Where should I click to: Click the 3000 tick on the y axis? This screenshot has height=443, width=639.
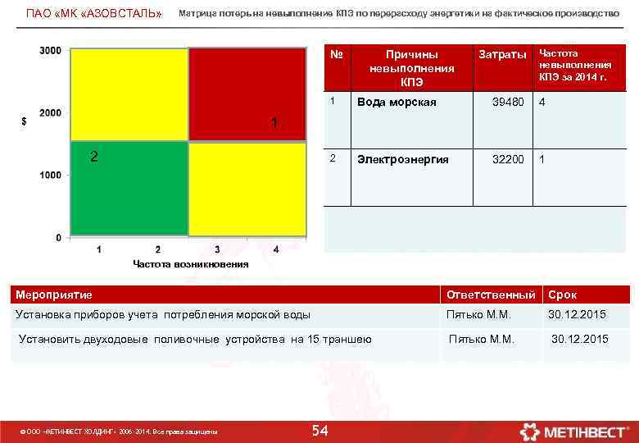click(x=50, y=50)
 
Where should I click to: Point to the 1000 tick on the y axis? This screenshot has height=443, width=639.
click(x=50, y=175)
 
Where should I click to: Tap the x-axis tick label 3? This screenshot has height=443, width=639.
click(x=217, y=249)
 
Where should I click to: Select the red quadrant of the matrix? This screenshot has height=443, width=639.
click(x=247, y=95)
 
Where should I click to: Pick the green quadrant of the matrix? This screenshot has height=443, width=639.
click(x=129, y=190)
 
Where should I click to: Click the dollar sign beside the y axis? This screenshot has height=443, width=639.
click(x=24, y=121)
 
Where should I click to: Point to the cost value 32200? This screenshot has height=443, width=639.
click(x=507, y=159)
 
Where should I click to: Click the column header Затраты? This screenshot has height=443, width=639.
click(x=502, y=54)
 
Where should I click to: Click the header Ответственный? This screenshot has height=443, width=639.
click(x=491, y=295)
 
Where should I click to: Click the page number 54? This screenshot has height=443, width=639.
click(x=320, y=432)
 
